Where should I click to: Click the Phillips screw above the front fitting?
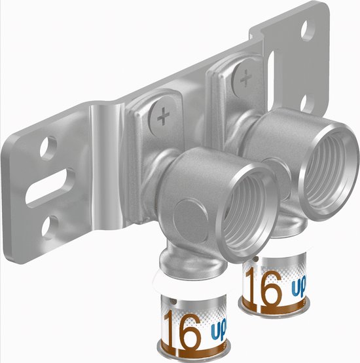(x=161, y=118)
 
